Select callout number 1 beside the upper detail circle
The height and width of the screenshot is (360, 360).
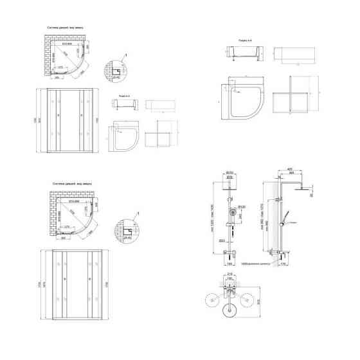(x=127, y=55)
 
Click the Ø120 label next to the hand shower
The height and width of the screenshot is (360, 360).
(x=242, y=206)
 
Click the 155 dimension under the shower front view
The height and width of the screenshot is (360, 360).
(x=229, y=264)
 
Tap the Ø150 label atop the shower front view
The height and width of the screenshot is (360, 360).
(x=228, y=172)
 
